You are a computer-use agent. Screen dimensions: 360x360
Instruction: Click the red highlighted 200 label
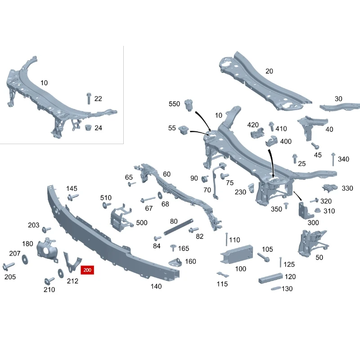(87, 270)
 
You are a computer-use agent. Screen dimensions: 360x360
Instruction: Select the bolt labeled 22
(89, 99)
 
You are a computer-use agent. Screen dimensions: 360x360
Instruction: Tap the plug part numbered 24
(88, 128)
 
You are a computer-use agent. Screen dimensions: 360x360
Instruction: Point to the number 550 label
(174, 104)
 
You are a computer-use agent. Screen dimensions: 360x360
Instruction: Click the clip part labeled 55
(183, 130)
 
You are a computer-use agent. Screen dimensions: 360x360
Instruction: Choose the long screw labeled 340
(333, 159)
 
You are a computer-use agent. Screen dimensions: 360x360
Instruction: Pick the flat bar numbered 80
(179, 227)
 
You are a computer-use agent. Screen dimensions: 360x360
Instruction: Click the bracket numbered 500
(121, 217)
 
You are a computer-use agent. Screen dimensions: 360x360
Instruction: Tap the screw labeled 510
(107, 205)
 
